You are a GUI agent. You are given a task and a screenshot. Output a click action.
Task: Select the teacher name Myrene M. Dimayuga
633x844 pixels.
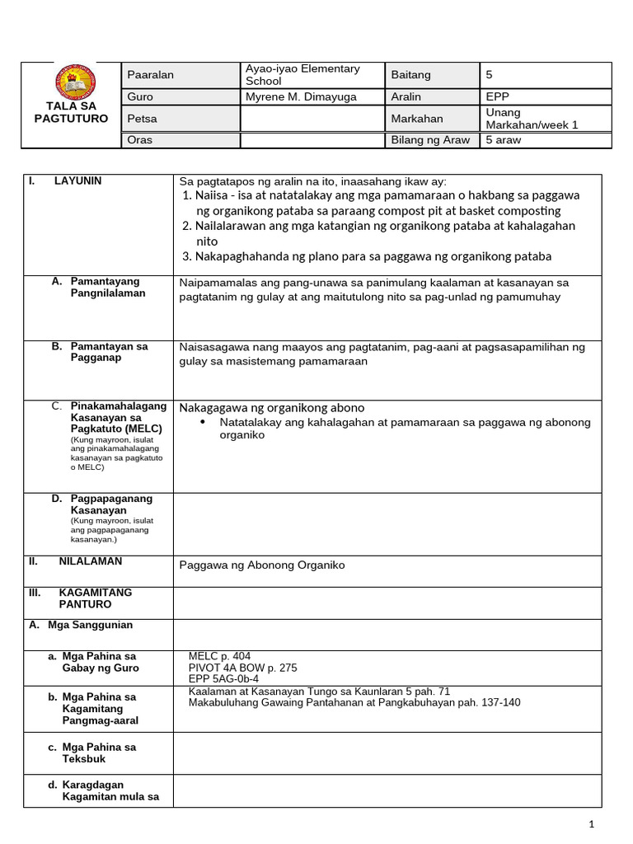pos(301,97)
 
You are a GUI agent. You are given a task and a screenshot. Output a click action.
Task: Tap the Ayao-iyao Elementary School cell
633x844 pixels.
pos(302,75)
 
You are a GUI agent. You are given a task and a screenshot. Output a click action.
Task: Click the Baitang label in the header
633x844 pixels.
pos(410,75)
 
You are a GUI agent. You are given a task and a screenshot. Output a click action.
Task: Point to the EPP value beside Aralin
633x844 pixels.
pos(499,97)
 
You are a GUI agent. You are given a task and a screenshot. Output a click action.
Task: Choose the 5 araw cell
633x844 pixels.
pos(504,140)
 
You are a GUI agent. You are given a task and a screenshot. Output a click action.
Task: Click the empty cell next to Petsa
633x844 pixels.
pos(312,119)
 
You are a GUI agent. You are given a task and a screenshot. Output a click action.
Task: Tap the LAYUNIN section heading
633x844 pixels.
pos(77,181)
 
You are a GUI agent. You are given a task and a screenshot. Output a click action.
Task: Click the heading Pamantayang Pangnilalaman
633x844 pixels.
pos(107,288)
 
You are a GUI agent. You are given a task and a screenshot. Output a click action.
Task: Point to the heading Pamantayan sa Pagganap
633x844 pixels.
pos(109,352)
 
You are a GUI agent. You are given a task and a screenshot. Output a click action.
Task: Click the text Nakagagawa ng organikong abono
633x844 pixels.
pos(272,408)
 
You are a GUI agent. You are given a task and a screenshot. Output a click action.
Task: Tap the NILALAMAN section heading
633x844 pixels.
pos(90,561)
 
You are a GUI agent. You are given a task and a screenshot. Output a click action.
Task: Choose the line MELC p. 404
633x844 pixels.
pos(220,656)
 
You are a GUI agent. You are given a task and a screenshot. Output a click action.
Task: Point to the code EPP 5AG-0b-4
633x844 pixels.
pos(223,678)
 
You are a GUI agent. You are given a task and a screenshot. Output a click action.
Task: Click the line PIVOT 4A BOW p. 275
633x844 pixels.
pos(242,668)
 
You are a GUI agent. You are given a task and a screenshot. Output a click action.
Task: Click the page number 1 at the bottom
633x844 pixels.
pos(591,824)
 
